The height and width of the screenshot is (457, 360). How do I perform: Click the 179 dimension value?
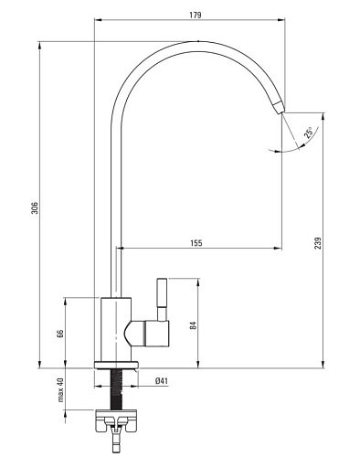point(196,15)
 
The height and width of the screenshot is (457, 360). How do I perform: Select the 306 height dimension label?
point(35,207)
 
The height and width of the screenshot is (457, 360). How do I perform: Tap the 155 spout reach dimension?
point(196,243)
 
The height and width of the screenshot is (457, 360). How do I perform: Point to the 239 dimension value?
point(318,243)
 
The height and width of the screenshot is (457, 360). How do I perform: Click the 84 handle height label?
point(193,325)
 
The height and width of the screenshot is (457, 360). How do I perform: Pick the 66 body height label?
point(60,334)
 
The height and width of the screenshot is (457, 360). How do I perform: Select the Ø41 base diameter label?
point(162,381)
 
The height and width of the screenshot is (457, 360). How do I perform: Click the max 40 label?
point(60,389)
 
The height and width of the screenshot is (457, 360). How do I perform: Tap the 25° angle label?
point(308,133)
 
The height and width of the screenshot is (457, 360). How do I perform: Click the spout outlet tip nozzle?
point(279,107)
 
